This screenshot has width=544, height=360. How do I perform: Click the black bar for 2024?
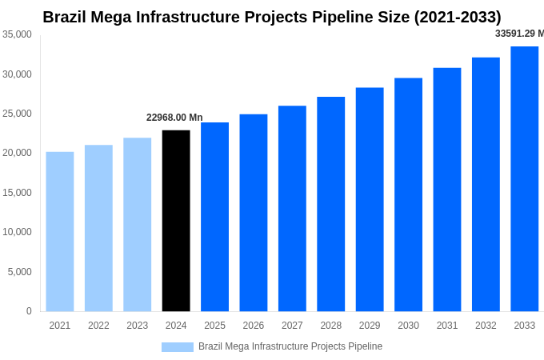(x=176, y=221)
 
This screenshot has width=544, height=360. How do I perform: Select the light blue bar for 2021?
(x=60, y=231)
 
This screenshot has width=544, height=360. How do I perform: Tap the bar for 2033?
(x=524, y=178)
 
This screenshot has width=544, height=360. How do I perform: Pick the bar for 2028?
(x=330, y=204)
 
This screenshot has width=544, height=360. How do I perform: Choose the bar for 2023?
(x=137, y=225)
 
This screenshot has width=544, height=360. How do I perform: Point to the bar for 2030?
(x=408, y=194)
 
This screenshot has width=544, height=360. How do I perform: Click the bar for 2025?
(x=214, y=217)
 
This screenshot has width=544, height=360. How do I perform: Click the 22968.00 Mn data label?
(x=174, y=118)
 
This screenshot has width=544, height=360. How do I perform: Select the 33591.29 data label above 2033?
(x=518, y=34)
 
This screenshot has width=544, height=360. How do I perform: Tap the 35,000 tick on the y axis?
(x=17, y=34)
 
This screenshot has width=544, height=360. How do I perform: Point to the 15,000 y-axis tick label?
(x=17, y=193)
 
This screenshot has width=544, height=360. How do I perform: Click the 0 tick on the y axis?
(x=29, y=311)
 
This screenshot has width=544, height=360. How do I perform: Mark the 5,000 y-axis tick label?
(x=19, y=272)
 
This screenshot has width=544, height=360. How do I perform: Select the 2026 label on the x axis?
(x=253, y=326)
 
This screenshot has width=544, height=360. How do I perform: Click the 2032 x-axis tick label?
(x=486, y=326)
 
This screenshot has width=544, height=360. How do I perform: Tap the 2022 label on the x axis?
(x=98, y=326)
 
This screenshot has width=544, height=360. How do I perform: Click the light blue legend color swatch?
(x=177, y=347)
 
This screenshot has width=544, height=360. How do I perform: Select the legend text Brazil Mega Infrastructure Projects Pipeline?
(x=290, y=346)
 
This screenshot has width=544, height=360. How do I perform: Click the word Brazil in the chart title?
(x=66, y=17)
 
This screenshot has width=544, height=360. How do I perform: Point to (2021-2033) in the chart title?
(x=458, y=17)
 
